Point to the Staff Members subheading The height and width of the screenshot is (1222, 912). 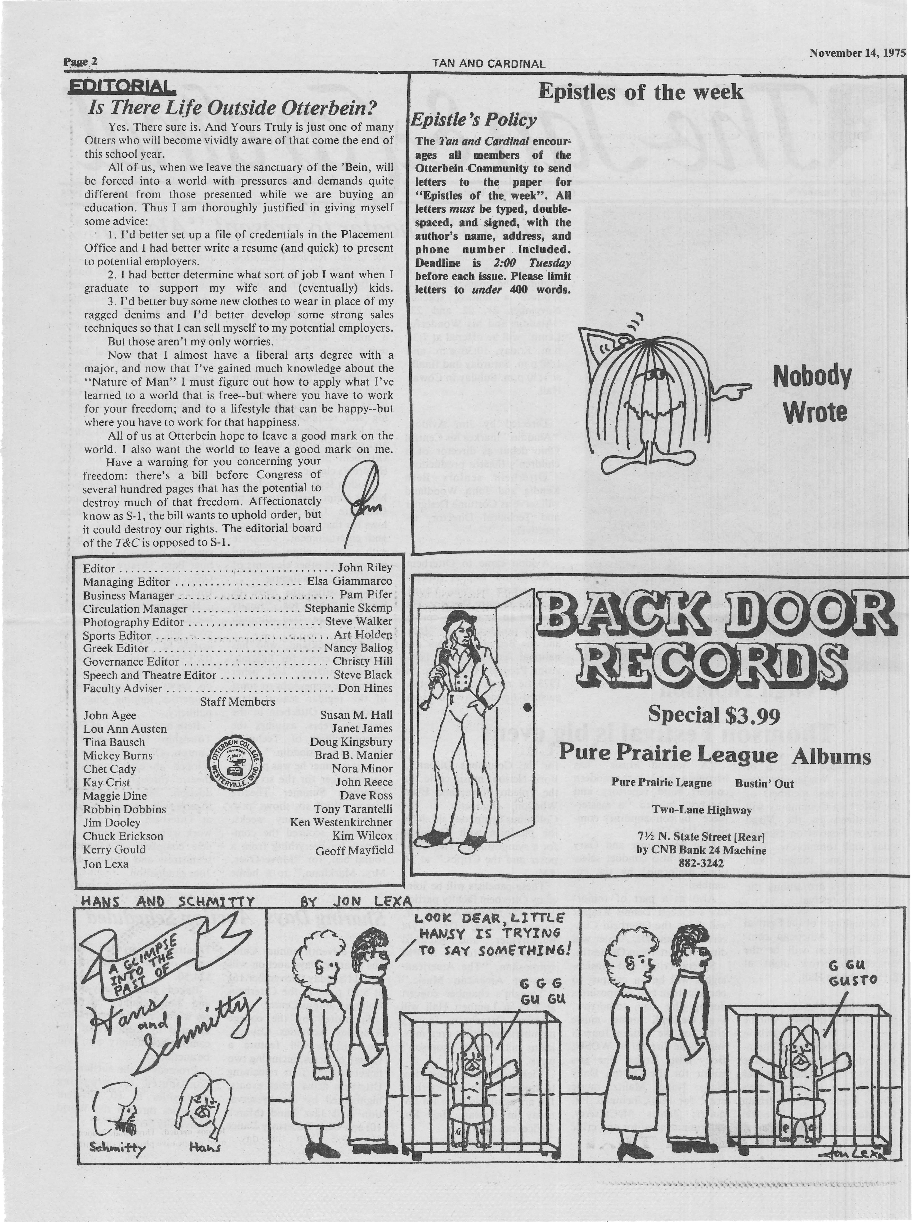pos(237,702)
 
